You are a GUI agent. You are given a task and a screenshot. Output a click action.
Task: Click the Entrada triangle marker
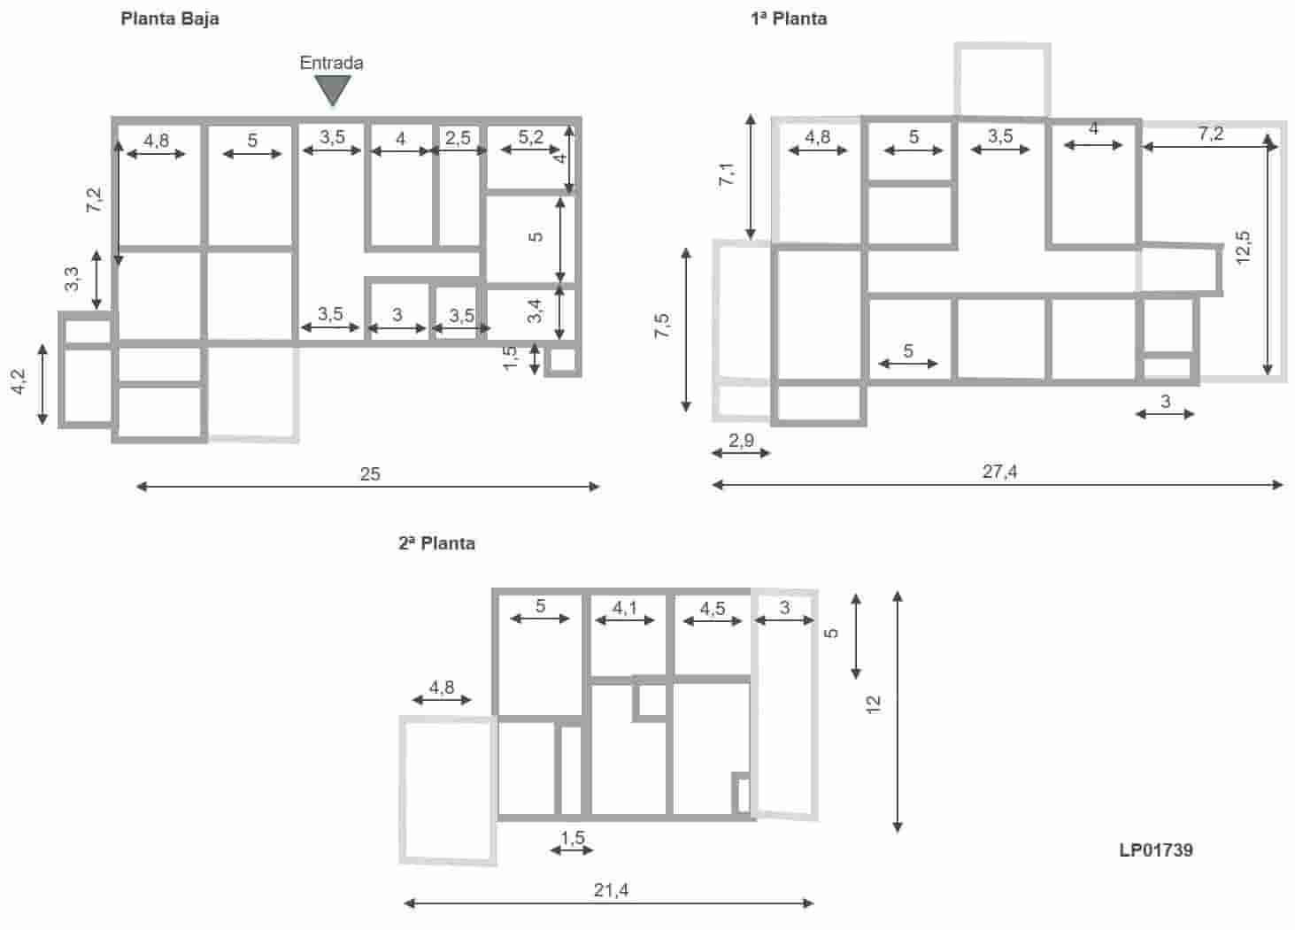point(333,89)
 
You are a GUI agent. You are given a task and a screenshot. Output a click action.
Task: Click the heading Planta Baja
point(170,18)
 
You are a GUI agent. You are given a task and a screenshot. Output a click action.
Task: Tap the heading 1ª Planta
point(789,18)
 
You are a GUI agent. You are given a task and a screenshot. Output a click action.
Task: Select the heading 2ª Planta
point(436,543)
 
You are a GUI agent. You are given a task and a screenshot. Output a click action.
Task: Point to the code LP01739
point(1156,850)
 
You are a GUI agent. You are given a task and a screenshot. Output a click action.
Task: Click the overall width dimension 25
point(370,474)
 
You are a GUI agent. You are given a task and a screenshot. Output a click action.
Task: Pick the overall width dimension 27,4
point(999,472)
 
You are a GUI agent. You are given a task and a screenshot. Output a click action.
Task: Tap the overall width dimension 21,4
point(611,890)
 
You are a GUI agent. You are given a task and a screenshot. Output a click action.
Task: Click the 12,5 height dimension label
point(1244,248)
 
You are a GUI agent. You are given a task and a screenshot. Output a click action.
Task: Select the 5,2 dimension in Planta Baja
point(531,137)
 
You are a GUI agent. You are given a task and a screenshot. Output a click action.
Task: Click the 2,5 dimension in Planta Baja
point(458,137)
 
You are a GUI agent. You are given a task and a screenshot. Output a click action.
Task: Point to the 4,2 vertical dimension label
point(19,382)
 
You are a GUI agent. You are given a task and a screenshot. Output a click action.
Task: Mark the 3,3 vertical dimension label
point(73,279)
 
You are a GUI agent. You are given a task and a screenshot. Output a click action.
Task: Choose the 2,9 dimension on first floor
point(741,440)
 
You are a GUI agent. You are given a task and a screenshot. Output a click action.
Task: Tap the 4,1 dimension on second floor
point(625,608)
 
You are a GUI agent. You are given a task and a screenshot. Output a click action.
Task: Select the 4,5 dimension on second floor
point(713,608)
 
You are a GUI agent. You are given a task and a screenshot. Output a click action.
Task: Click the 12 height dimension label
point(875,704)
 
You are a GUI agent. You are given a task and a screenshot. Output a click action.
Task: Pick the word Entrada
point(331,63)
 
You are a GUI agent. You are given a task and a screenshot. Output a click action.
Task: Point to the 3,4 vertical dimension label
point(535,311)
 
